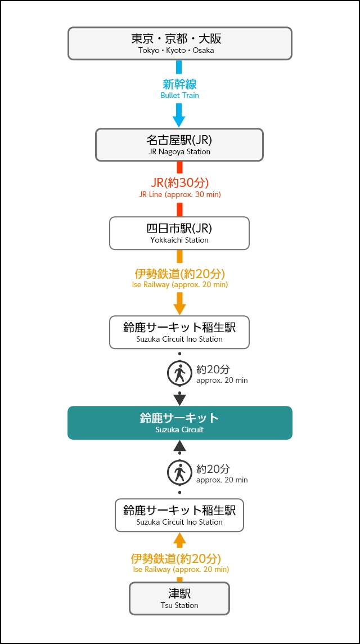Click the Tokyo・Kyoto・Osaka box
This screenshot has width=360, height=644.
pos(179,43)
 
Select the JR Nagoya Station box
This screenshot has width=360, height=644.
pos(179,145)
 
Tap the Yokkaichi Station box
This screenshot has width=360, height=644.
pos(179,233)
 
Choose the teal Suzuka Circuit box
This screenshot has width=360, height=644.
pos(179,422)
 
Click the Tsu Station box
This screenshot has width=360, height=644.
pos(179,598)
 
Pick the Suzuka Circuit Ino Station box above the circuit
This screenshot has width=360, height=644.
pos(179,332)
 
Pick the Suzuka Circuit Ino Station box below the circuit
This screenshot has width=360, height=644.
pos(179,515)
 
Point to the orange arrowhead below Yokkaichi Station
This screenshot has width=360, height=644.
pos(179,308)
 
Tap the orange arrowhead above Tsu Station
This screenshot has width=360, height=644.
pos(179,539)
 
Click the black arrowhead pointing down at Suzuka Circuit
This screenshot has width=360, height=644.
pos(179,399)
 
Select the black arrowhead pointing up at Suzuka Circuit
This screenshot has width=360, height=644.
pos(179,446)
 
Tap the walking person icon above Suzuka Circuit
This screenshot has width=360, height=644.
pos(179,373)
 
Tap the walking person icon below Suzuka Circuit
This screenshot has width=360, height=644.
pos(179,472)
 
